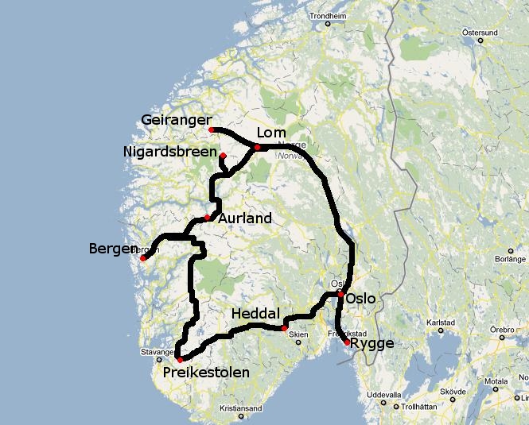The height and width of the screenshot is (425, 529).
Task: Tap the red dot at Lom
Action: coord(257,147)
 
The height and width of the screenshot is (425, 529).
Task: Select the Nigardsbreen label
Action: coord(170,151)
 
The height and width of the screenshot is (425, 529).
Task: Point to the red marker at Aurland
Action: coord(207,218)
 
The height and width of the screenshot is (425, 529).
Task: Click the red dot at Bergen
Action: coord(143,257)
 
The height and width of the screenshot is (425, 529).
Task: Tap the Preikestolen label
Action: coord(206,372)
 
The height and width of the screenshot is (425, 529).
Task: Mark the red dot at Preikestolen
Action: coord(180,360)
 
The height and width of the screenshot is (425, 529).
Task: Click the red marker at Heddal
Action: coord(284,328)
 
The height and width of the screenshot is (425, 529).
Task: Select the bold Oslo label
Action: coord(361,299)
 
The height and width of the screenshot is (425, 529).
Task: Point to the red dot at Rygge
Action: coord(346,342)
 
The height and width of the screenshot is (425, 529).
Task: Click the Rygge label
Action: coord(371,344)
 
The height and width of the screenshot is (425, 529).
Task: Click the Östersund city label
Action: coord(480,33)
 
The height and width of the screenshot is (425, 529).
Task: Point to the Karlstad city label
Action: coord(440,323)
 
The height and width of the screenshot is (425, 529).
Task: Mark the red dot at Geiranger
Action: coord(212,129)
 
